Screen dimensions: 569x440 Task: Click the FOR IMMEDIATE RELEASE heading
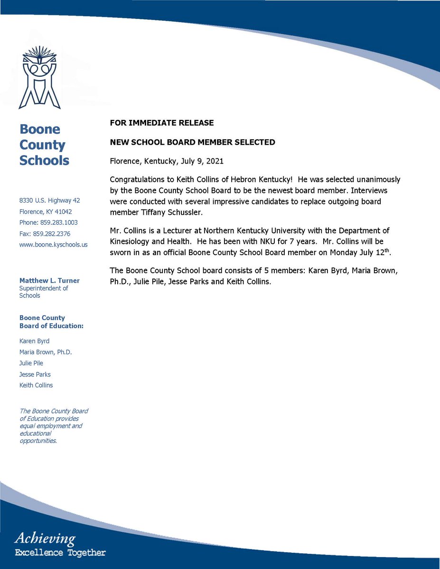pyautogui.click(x=161, y=123)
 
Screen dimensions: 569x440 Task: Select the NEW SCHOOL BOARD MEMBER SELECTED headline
pyautogui.click(x=192, y=142)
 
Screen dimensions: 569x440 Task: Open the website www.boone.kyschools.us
pyautogui.click(x=53, y=245)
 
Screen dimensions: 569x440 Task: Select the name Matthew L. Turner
pyautogui.click(x=49, y=281)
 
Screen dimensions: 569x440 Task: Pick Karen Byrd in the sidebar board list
pyautogui.click(x=34, y=341)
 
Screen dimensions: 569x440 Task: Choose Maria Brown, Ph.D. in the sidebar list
pyautogui.click(x=46, y=352)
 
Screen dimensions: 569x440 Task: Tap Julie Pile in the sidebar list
pyautogui.click(x=31, y=363)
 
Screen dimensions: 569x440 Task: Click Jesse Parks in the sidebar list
pyautogui.click(x=35, y=374)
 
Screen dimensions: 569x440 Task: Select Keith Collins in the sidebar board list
pyautogui.click(x=36, y=385)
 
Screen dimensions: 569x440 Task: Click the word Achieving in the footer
pyautogui.click(x=45, y=538)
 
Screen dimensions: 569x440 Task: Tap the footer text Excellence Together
pyautogui.click(x=60, y=552)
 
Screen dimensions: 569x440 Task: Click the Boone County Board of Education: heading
pyautogui.click(x=51, y=322)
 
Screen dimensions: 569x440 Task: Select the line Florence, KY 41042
pyautogui.click(x=46, y=211)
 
